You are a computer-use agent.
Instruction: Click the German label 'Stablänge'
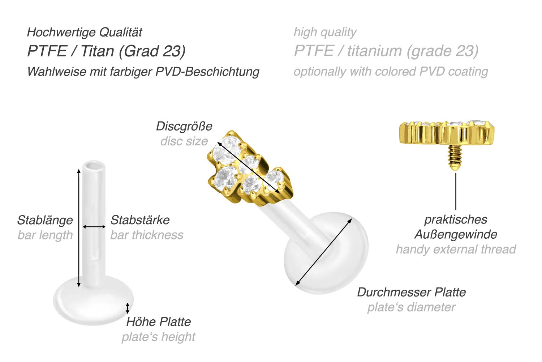45,220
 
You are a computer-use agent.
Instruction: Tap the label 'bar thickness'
147,235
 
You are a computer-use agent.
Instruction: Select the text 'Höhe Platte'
158,321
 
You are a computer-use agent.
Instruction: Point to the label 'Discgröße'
184,126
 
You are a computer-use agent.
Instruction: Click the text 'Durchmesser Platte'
411,292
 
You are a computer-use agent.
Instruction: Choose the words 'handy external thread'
456,249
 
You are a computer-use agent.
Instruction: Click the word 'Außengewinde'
456,234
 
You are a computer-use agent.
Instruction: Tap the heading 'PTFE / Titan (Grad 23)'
106,51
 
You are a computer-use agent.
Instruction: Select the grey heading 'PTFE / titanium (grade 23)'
386,51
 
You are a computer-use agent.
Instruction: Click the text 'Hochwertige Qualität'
85,32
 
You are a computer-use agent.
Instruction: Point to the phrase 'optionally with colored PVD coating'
391,72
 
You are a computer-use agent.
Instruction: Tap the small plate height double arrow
127,308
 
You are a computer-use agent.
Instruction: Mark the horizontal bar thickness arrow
94,227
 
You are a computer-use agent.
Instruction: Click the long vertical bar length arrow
79,228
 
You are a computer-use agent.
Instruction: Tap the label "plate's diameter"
411,307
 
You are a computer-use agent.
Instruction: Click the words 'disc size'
184,141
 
